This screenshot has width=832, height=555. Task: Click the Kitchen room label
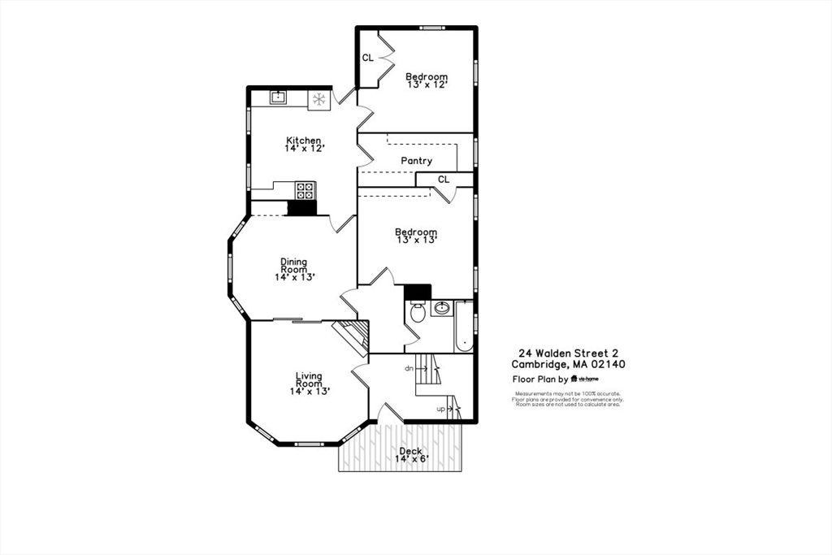coord(303,141)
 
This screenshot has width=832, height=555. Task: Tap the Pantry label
coord(416,161)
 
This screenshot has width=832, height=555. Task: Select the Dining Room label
coord(294,265)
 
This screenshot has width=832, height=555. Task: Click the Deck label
coord(410,451)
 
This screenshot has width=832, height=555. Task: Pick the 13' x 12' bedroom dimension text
coord(427,85)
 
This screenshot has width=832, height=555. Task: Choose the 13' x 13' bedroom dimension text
coord(416,240)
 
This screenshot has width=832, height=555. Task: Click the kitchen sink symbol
coord(278,98)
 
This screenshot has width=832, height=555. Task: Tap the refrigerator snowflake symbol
coord(319,99)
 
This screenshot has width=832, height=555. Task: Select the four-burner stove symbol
coord(305,191)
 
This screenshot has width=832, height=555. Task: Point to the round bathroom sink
coord(443,309)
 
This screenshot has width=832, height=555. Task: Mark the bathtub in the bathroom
coord(464,327)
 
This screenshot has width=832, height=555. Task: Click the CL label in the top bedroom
coord(367,58)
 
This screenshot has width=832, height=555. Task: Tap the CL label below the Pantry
coord(443,180)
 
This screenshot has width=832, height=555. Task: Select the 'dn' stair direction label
coord(409,368)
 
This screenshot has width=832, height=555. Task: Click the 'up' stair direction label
coord(441,409)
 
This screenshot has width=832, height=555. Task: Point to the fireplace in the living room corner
coord(352,334)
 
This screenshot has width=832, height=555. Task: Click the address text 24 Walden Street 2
coord(569,353)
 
